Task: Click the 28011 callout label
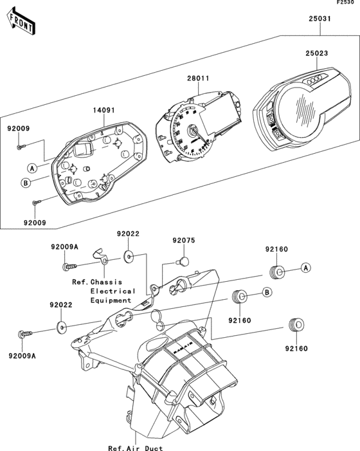(x=198, y=78)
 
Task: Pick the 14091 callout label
(x=105, y=110)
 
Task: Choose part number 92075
(x=183, y=241)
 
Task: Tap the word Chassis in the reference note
(x=107, y=282)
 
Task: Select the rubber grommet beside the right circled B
(x=240, y=297)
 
